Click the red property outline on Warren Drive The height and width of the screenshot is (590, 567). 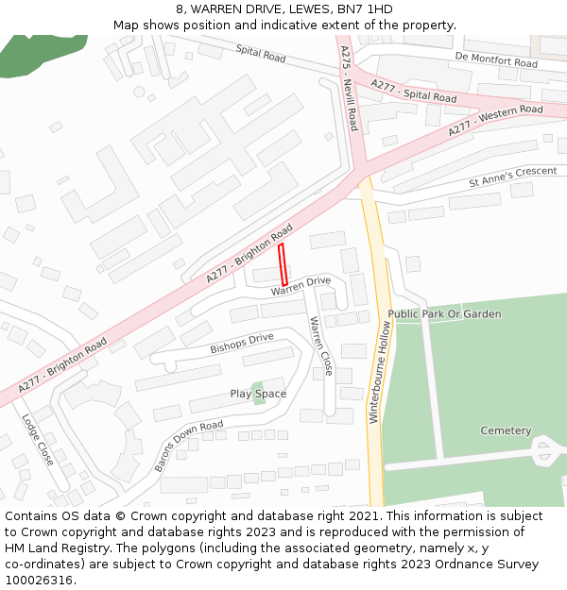point(283,264)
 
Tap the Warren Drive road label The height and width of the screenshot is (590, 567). point(301,285)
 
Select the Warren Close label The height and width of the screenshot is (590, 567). point(320,346)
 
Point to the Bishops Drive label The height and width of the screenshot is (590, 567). point(241,342)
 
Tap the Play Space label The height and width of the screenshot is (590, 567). point(258,394)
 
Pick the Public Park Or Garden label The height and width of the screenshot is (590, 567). point(444,314)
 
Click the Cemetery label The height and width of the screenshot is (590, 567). point(506,430)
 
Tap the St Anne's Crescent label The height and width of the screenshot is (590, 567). point(513,177)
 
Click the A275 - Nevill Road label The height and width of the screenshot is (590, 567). point(349,91)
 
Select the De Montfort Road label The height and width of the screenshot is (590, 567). point(495,60)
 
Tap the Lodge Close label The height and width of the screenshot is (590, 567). point(38,440)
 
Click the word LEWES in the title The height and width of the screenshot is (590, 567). point(287,9)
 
